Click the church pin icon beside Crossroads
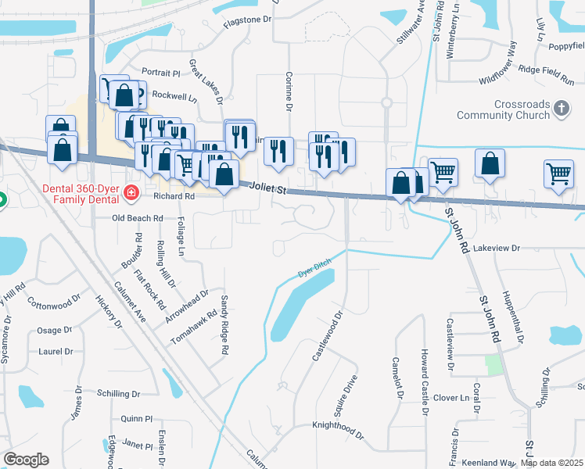pyautogui.click(x=561, y=108)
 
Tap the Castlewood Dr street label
pyautogui.click(x=328, y=336)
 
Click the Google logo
pyautogui.click(x=27, y=460)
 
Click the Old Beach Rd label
pyautogui.click(x=137, y=218)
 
